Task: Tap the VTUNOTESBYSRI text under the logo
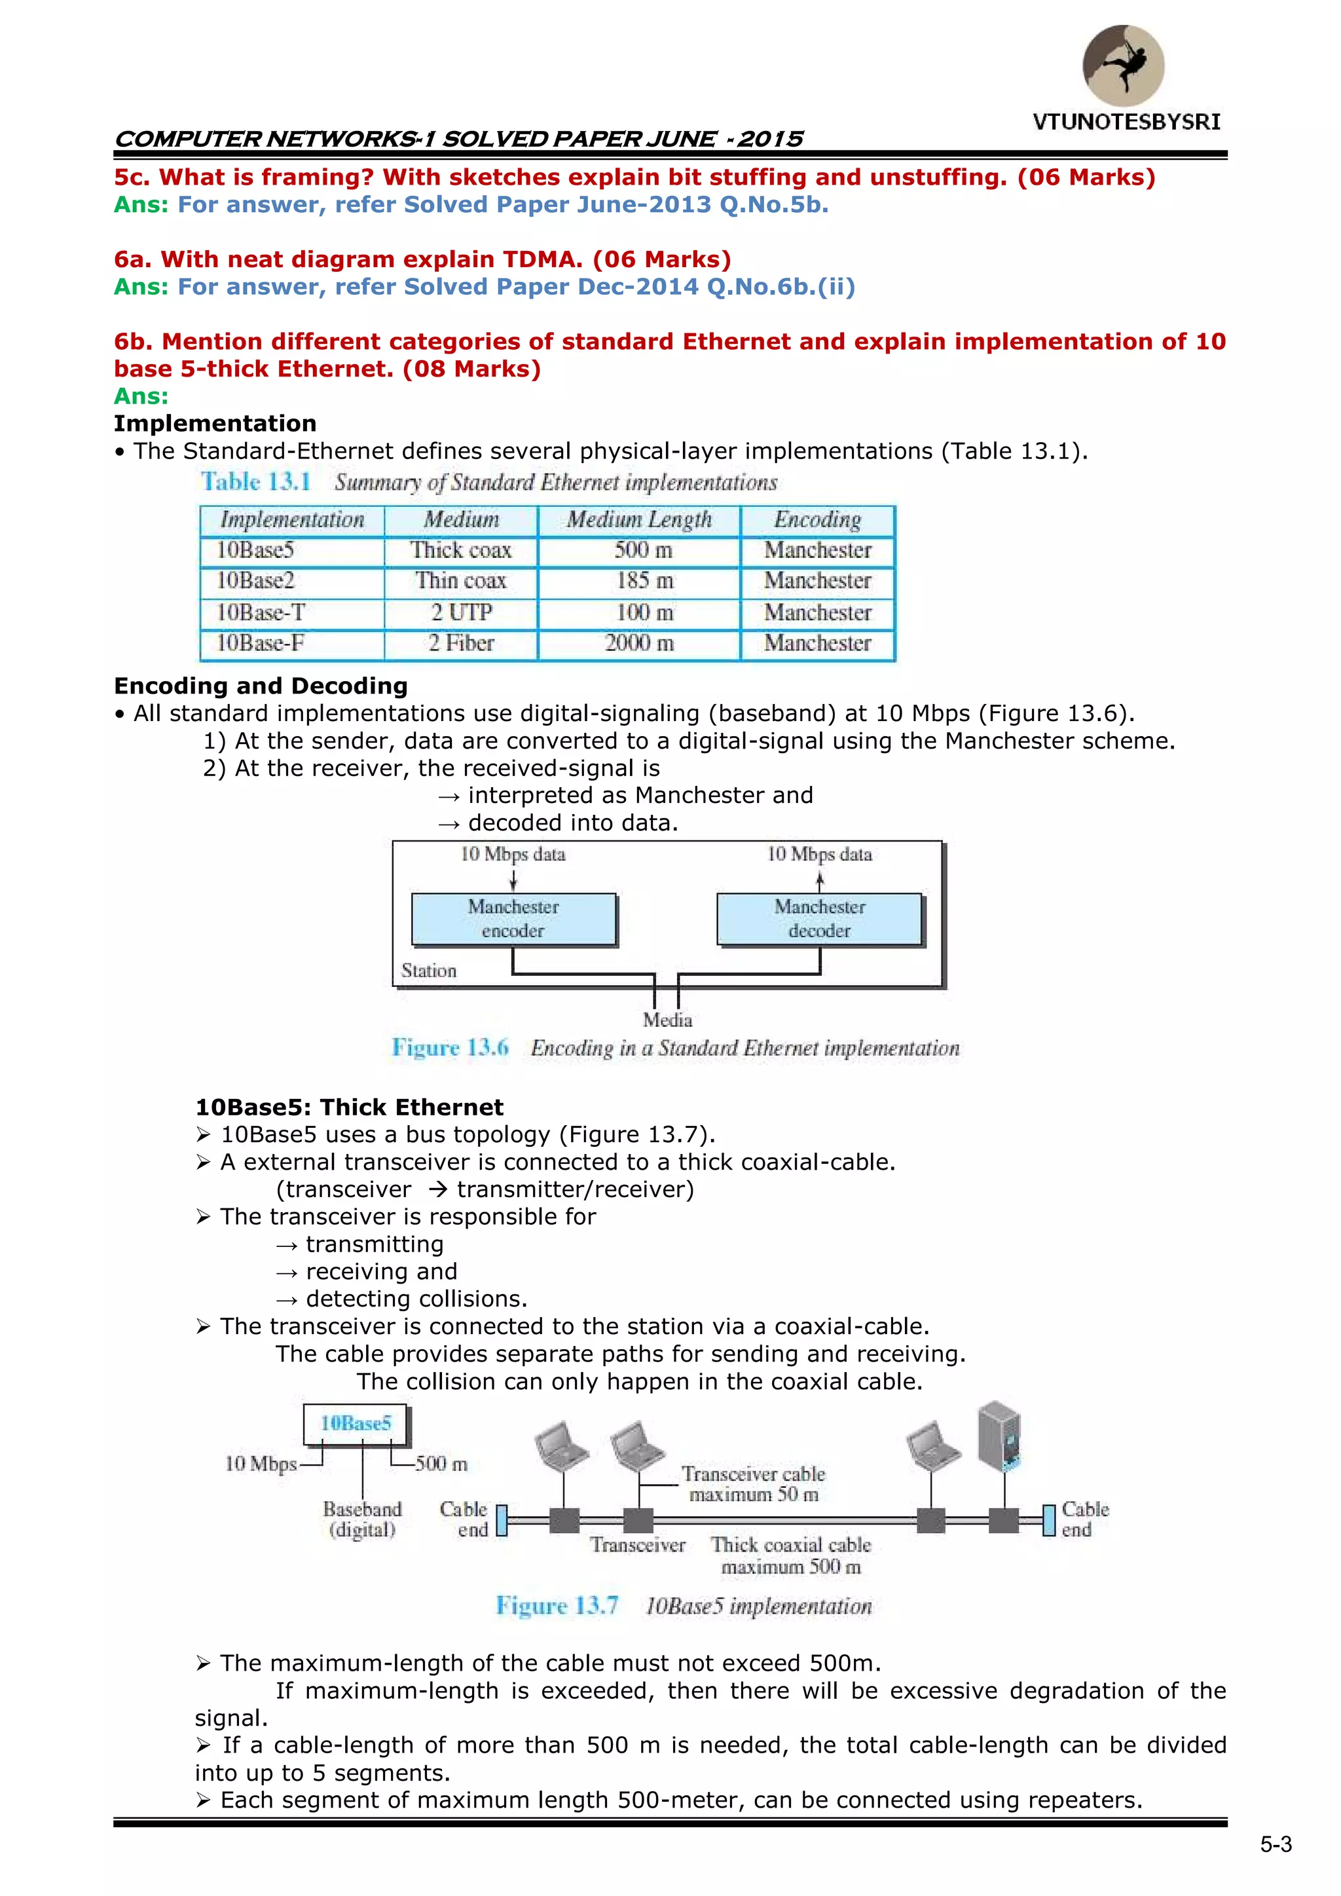1126,122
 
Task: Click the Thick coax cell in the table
461,550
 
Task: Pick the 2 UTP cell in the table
461,613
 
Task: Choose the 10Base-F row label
260,643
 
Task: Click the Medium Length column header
639,519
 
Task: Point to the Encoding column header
817,519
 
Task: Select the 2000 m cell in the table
639,643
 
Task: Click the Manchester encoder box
513,918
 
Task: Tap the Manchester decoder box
819,918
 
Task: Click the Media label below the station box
667,1020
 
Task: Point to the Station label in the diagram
429,971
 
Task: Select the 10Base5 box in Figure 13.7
355,1424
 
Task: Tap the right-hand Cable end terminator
1049,1519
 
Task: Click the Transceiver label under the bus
638,1545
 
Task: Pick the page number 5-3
1276,1845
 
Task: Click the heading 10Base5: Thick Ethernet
349,1107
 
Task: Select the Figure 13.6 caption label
450,1048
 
